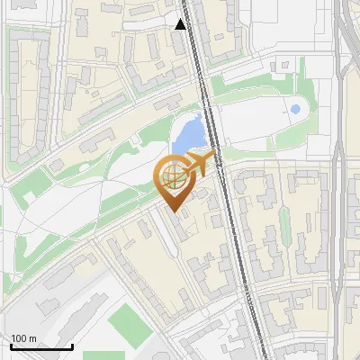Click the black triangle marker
(x=181, y=24)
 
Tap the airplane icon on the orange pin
(x=197, y=165)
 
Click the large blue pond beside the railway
(x=189, y=135)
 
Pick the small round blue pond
(x=295, y=110)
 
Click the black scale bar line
(x=41, y=347)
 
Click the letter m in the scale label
(x=32, y=338)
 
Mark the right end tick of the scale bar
(x=72, y=346)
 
